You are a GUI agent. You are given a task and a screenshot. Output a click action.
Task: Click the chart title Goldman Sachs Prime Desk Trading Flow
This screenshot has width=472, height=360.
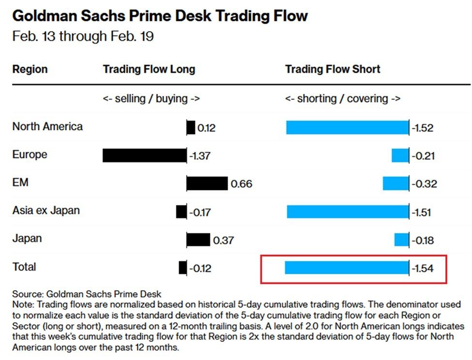(160, 16)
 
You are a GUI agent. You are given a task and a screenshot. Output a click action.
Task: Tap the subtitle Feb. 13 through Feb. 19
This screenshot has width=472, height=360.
(83, 36)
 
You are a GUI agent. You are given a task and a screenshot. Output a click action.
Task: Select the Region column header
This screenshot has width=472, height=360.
(30, 69)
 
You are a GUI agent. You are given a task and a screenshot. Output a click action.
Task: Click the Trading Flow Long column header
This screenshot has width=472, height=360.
(149, 69)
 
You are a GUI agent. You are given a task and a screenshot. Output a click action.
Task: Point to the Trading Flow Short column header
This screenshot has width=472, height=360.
(333, 69)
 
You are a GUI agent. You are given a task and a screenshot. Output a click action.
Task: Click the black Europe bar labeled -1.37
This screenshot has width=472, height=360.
(144, 156)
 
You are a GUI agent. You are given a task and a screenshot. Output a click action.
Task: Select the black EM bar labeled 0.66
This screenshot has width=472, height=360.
(207, 184)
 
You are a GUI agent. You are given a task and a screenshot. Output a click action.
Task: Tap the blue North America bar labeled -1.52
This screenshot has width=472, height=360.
(347, 128)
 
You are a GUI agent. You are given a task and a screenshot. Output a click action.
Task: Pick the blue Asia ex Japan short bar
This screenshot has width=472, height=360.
(348, 212)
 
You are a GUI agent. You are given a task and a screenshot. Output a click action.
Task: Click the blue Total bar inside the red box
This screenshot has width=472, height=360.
(347, 268)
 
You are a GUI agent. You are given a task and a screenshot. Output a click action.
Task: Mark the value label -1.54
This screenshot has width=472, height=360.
(422, 268)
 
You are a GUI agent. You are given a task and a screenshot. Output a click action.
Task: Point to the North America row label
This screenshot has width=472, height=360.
(47, 127)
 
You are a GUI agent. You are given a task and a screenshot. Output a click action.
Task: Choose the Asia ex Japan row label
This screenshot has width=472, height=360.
(46, 211)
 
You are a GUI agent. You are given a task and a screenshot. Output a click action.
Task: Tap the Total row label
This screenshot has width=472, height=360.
(24, 267)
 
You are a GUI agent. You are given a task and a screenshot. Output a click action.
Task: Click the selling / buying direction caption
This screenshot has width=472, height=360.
(151, 99)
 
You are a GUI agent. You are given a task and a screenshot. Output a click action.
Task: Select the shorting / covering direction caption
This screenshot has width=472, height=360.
(343, 99)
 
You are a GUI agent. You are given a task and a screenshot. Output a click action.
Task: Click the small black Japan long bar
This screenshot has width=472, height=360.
(198, 240)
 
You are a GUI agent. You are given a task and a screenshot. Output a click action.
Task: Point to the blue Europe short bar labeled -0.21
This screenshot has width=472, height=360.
(400, 156)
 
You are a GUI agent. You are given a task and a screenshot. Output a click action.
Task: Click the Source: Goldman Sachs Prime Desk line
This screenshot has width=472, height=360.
(87, 294)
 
